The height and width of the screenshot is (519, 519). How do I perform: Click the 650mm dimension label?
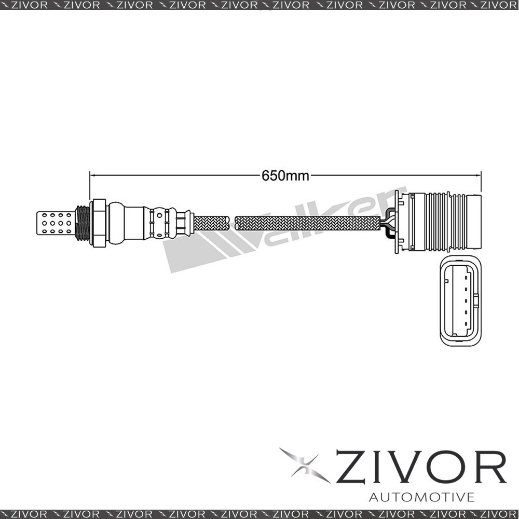point(285,176)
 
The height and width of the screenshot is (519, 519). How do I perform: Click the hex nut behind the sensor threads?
point(99,224)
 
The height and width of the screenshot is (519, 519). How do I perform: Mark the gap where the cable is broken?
point(231,224)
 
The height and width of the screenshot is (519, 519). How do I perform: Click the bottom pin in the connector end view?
point(466,325)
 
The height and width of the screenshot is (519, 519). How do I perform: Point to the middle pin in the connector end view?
point(466,301)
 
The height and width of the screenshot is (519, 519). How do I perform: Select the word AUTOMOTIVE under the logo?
point(421,498)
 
